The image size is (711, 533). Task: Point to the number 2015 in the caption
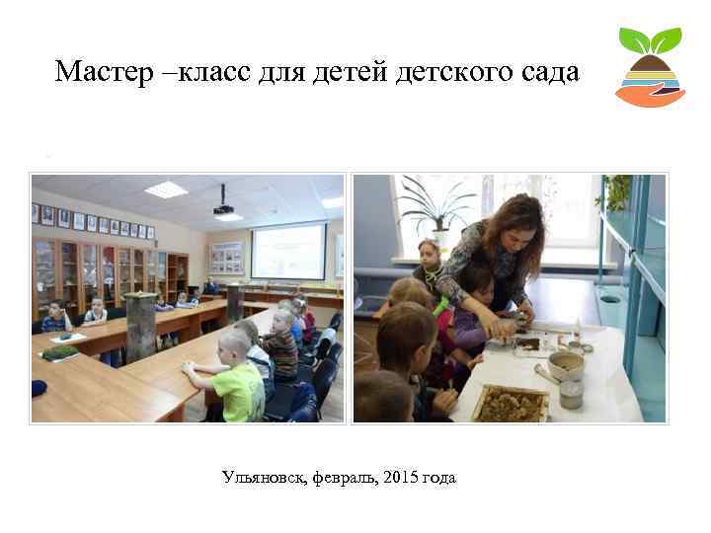pos(399,479)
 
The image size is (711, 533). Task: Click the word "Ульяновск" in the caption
pos(264,479)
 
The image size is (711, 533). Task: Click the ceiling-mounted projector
pos(223,208)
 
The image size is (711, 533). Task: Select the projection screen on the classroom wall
pos(287,253)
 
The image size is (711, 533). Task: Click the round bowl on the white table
pos(565,365)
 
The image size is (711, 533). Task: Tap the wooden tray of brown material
pos(510,403)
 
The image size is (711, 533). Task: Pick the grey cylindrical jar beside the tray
pos(570,395)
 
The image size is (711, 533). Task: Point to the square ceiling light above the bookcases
pos(165,190)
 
